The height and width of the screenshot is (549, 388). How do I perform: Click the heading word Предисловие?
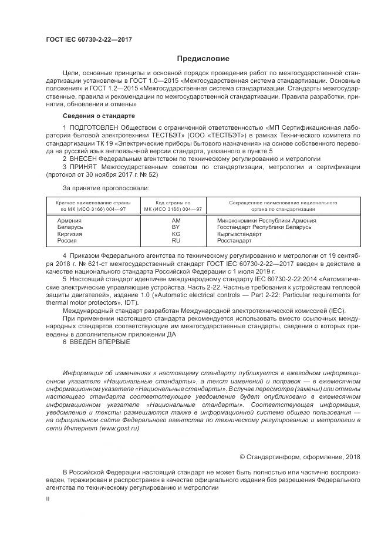point(204,58)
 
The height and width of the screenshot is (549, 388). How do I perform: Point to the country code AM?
point(176,220)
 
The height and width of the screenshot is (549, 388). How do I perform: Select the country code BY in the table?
point(176,227)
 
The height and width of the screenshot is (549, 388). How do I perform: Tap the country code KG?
point(176,234)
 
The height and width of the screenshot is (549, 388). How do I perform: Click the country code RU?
point(176,241)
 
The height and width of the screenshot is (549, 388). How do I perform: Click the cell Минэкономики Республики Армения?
point(266,220)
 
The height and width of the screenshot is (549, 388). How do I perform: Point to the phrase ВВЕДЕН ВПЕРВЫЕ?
point(100,342)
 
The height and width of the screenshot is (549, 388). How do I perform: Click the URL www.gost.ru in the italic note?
point(119,429)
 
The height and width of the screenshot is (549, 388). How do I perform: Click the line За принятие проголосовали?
point(106,188)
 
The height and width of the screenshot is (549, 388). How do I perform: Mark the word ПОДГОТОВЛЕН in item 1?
point(94,126)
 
